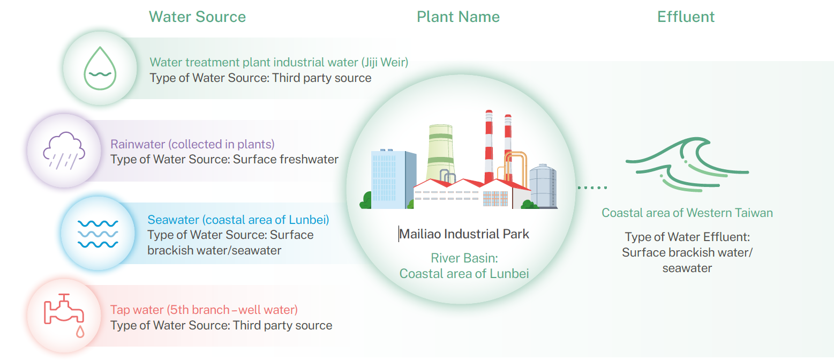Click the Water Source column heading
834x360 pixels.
coord(197,17)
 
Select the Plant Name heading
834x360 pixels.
coord(458,17)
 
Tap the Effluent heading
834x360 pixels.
coord(686,17)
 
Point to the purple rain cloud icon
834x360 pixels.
coord(63,151)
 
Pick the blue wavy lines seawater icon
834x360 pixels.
coord(97,234)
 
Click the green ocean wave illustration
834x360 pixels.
coord(687,163)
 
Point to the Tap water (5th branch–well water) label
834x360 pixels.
coord(204,310)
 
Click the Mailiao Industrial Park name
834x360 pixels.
coord(464,234)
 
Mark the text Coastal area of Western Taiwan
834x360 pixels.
coord(687,213)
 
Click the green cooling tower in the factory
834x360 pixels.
coord(441,153)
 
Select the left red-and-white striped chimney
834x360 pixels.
coord(489,145)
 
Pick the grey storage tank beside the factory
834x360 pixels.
coord(543,187)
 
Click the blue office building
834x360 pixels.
coord(393,179)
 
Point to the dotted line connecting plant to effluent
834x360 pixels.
coord(592,187)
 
